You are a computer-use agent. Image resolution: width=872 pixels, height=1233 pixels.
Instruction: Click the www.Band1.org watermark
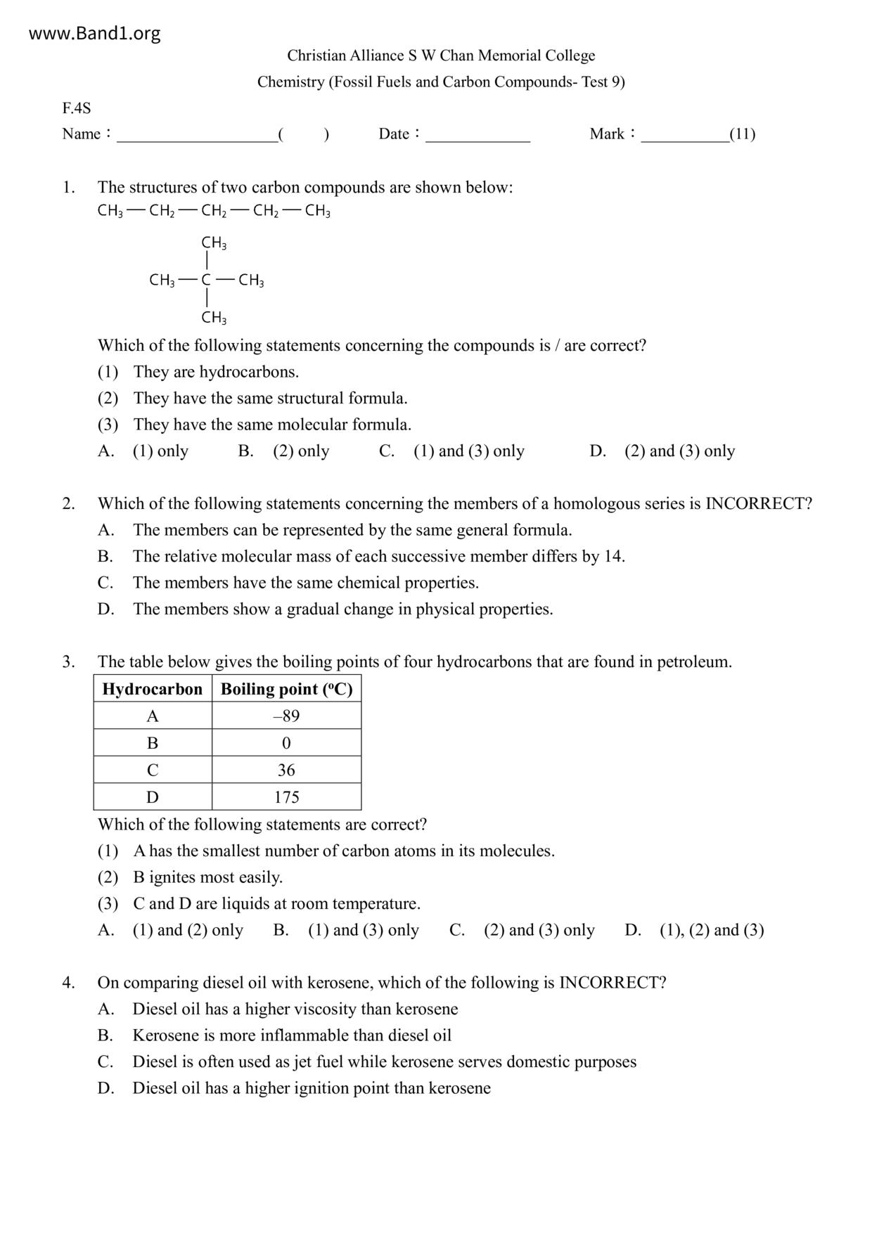[x=94, y=33]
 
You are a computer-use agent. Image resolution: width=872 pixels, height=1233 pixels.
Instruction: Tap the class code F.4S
[x=76, y=108]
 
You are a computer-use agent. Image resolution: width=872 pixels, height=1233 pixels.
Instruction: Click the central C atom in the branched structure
[x=206, y=280]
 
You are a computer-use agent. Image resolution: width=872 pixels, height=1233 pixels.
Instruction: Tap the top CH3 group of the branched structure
[x=214, y=243]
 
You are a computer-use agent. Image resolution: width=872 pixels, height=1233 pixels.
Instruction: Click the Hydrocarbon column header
[x=153, y=689]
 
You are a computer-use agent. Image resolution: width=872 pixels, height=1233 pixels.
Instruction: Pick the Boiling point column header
[x=286, y=689]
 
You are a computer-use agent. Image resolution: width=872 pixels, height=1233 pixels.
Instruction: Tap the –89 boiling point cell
[x=286, y=716]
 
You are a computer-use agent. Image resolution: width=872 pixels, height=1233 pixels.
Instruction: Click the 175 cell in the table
[x=286, y=797]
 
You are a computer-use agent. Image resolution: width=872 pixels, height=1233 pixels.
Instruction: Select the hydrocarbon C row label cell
[x=153, y=770]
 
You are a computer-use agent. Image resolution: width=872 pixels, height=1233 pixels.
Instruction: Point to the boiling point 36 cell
[x=286, y=770]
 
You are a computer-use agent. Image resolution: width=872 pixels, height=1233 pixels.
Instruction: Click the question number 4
[x=68, y=983]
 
